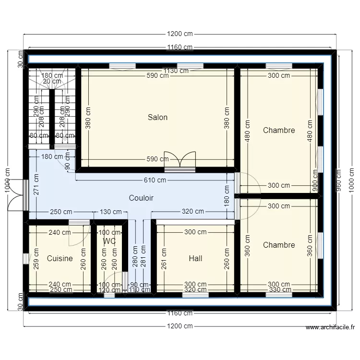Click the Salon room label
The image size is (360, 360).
157,117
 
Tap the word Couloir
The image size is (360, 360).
141,198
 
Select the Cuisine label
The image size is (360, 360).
60,258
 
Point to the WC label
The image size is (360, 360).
109,241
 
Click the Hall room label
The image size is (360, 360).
195,258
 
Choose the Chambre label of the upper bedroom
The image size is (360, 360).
279,130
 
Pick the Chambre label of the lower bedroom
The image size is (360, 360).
279,245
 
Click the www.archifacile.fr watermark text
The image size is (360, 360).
330,327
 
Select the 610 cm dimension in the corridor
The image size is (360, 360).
155,180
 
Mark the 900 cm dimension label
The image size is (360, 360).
316,180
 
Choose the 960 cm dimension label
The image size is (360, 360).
339,180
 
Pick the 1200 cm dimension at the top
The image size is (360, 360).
180,34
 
